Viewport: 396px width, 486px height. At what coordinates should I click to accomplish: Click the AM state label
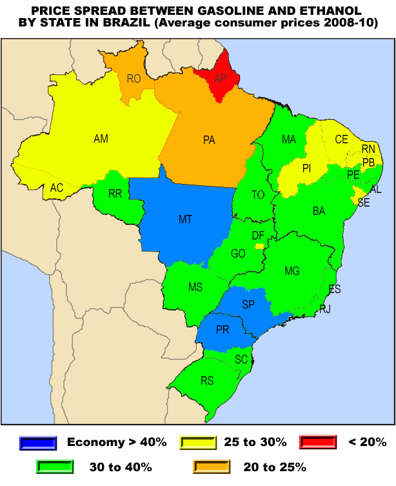pyautogui.click(x=101, y=139)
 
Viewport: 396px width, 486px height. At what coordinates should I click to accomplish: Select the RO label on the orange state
pyautogui.click(x=134, y=79)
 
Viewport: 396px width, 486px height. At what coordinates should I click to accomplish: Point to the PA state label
pyautogui.click(x=208, y=140)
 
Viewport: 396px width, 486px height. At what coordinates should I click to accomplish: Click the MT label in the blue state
pyautogui.click(x=185, y=219)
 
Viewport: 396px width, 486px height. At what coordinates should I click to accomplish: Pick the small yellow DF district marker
pyautogui.click(x=259, y=246)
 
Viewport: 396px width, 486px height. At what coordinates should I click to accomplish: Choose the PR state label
pyautogui.click(x=223, y=330)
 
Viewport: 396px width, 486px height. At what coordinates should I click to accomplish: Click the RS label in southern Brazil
pyautogui.click(x=206, y=381)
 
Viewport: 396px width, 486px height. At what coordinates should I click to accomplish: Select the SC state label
pyautogui.click(x=241, y=359)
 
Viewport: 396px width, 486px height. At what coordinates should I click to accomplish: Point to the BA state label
pyautogui.click(x=319, y=211)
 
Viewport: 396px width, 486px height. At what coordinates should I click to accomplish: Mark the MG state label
pyautogui.click(x=292, y=271)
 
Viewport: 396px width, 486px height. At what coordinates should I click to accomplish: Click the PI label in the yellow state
pyautogui.click(x=306, y=168)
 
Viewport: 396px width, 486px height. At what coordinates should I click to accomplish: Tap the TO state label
pyautogui.click(x=258, y=195)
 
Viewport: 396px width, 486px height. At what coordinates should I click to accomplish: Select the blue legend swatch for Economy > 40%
pyautogui.click(x=39, y=442)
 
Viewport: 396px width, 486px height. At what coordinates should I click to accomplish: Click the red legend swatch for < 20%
pyautogui.click(x=318, y=442)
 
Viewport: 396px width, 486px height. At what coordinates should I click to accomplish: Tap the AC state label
pyautogui.click(x=57, y=188)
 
